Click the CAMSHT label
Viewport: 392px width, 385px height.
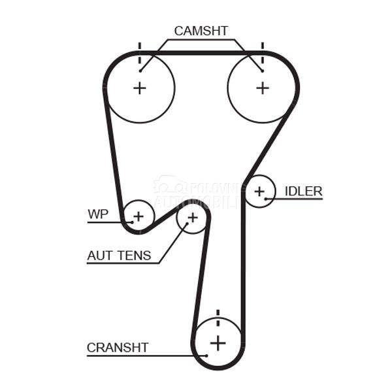pyautogui.click(x=201, y=31)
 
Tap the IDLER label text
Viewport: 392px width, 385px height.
pyautogui.click(x=303, y=191)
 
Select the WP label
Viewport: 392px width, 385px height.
pyautogui.click(x=97, y=214)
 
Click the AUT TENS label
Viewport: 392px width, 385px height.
pyautogui.click(x=119, y=256)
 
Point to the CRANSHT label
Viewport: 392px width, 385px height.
pyautogui.click(x=118, y=347)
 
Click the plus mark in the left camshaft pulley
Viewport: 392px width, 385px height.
pyautogui.click(x=139, y=88)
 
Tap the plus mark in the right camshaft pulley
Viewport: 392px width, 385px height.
pyautogui.click(x=262, y=88)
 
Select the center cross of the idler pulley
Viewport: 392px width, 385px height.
pyautogui.click(x=260, y=192)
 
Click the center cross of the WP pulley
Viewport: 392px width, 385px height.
pyautogui.click(x=138, y=215)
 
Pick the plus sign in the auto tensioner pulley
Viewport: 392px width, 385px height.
pyautogui.click(x=192, y=217)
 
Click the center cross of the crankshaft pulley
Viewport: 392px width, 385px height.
pyautogui.click(x=218, y=342)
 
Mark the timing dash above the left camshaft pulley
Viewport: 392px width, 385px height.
pyautogui.click(x=139, y=48)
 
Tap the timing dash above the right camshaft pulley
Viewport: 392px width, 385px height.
pyautogui.click(x=262, y=48)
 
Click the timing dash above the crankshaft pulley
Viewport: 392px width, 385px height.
pyautogui.click(x=218, y=314)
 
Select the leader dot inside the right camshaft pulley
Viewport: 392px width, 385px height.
pyautogui.click(x=261, y=70)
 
